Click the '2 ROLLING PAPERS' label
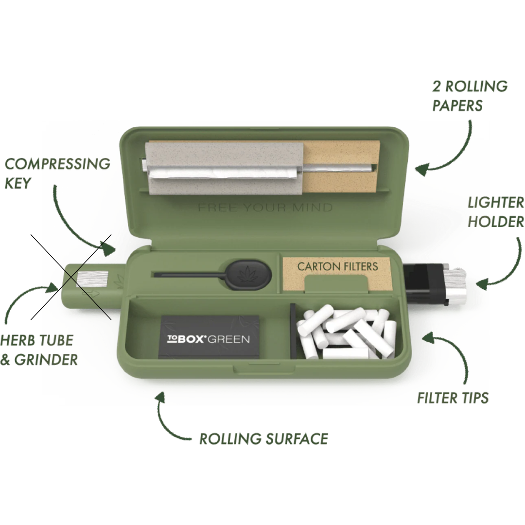point(470,96)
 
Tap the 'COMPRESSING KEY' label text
point(57,173)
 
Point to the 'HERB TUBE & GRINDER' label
point(39,350)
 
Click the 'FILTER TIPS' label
point(453,398)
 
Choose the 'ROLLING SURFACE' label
point(263,438)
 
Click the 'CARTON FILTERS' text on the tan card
point(337,266)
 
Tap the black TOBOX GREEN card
point(210,337)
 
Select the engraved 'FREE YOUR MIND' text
point(265,208)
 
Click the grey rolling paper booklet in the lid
point(224,166)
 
